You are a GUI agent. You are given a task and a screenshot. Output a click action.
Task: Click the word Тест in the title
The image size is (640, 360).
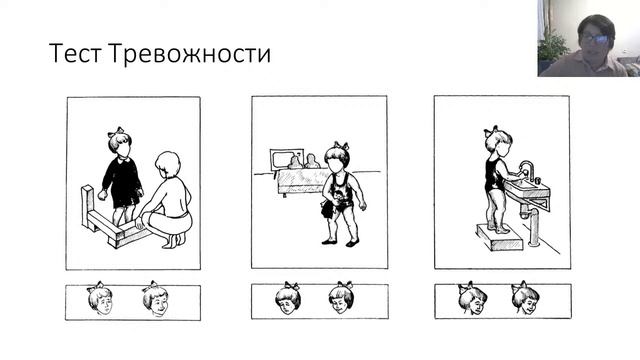click(71, 54)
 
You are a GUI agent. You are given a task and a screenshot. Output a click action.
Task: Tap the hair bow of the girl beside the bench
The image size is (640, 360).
click(118, 131)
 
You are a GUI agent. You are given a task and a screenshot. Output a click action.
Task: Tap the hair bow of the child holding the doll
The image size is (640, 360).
click(342, 145)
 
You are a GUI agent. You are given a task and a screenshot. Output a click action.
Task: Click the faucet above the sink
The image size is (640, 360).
click(526, 167)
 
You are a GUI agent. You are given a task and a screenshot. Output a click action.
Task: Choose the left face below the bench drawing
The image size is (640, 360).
click(99, 298)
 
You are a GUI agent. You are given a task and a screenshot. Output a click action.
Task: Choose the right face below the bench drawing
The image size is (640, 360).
click(155, 297)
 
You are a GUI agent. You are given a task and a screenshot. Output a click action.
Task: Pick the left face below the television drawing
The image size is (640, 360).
click(288, 297)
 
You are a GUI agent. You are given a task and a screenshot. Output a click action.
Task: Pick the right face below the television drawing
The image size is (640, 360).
click(342, 297)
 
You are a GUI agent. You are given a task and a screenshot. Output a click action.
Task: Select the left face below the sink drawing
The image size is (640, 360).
click(471, 297)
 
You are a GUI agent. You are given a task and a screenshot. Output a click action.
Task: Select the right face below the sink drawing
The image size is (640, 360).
click(524, 297)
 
